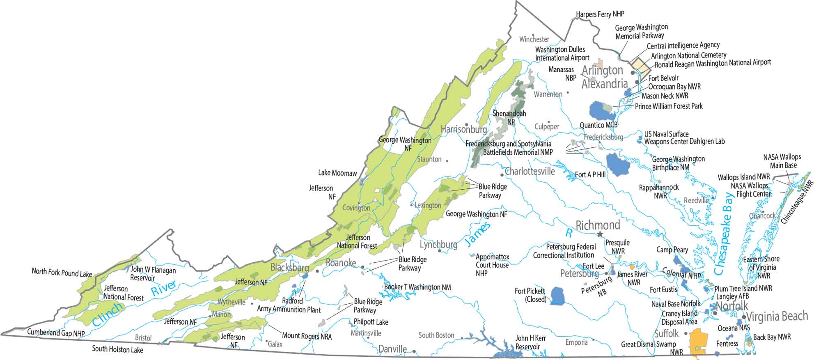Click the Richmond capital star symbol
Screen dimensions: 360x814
coord(600,234)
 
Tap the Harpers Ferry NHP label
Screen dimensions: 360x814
coord(600,14)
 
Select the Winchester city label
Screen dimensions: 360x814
coord(534,39)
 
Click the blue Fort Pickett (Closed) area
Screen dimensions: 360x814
coord(557,296)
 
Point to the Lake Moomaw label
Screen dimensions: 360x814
coord(337,173)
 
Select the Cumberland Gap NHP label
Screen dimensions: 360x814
coord(56,332)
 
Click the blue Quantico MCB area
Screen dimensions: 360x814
coord(600,111)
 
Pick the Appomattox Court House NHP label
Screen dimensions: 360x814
coord(492,265)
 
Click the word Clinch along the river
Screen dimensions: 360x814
coord(108,314)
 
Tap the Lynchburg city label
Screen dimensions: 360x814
coord(438,245)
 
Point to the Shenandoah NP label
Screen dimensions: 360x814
coord(509,117)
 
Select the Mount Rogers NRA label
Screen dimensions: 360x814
coord(307,336)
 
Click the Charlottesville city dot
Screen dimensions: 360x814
coord(502,175)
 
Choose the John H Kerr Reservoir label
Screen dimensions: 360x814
coord(530,342)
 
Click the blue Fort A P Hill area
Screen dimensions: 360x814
coord(618,164)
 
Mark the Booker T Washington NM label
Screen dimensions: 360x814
coord(417,287)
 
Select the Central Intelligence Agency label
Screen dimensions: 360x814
coord(683,46)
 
